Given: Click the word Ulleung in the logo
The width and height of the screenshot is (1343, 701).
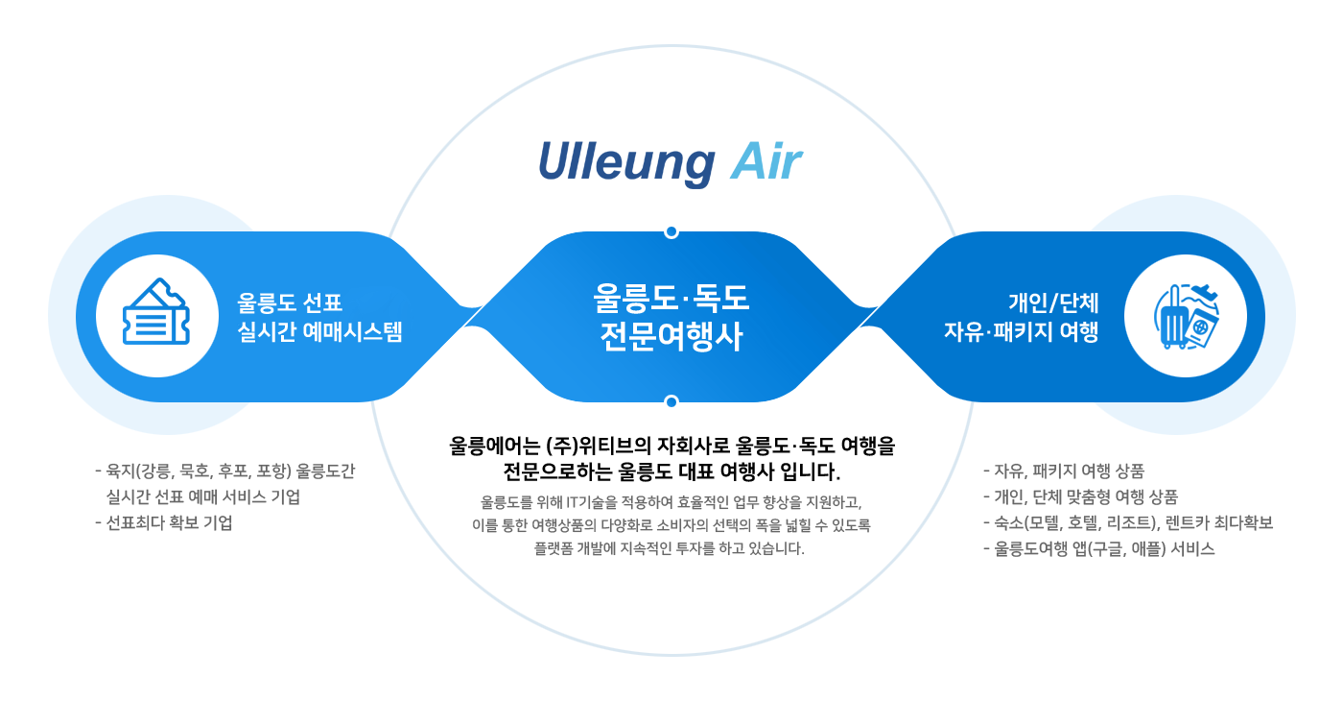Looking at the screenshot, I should (x=625, y=163).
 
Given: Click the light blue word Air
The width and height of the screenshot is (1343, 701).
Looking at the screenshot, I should (x=766, y=163).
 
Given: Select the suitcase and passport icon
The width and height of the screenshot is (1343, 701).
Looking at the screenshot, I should (x=1186, y=316).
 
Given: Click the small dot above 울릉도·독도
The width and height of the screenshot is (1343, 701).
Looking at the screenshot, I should (x=671, y=231).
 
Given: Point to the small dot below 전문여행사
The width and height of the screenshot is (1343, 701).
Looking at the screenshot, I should (x=671, y=401).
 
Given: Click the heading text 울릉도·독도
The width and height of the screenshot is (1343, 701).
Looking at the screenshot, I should (x=671, y=298).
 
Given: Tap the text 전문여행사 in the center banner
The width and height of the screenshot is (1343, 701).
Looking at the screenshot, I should (x=671, y=337).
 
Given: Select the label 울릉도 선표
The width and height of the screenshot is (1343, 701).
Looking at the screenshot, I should (x=290, y=302).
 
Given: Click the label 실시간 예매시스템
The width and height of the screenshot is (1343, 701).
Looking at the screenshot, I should (x=320, y=332).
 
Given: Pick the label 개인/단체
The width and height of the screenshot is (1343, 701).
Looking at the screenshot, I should (x=1053, y=302).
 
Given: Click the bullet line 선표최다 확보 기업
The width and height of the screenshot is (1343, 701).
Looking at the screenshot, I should (x=170, y=523).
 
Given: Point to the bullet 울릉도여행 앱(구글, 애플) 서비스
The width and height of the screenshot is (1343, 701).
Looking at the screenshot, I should (x=1105, y=549).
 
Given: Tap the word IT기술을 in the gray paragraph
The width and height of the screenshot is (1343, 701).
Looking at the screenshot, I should (x=595, y=502).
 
